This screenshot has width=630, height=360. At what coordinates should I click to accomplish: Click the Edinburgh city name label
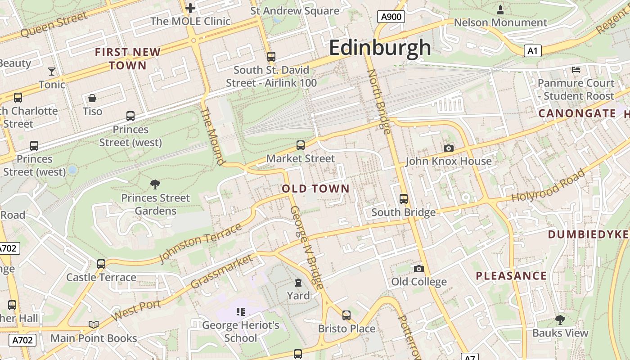point(380,48)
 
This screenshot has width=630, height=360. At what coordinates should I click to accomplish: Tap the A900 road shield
point(391,17)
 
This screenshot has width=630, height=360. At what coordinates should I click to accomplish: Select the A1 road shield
point(532,51)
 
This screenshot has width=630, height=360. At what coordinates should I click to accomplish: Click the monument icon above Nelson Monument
point(500,9)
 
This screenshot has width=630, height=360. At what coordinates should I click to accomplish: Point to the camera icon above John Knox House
point(448,148)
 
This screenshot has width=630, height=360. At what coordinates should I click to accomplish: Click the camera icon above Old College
point(418,269)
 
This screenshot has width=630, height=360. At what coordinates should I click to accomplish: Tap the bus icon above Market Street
point(300,145)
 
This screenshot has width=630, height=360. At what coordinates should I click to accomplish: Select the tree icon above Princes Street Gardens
point(155,184)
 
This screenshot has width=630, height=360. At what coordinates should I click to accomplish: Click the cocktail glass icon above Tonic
point(52,72)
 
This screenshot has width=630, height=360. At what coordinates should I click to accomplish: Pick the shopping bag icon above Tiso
point(92,98)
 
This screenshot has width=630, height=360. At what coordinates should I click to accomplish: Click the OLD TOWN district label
point(315,189)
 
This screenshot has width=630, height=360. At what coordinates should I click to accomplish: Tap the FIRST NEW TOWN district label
point(128,59)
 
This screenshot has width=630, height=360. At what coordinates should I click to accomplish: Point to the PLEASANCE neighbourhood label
point(511,276)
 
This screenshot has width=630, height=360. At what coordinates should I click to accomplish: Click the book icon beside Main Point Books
point(94,324)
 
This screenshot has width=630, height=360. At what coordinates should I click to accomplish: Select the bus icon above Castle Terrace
point(101,264)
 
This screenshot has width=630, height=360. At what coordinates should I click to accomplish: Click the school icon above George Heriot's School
point(240,311)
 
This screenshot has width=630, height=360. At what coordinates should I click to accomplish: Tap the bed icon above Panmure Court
point(576,70)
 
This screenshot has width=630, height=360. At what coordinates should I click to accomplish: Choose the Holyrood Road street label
point(549,185)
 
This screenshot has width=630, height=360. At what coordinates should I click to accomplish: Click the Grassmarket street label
point(221,272)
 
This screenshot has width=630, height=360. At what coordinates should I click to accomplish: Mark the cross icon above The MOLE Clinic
point(190,8)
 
